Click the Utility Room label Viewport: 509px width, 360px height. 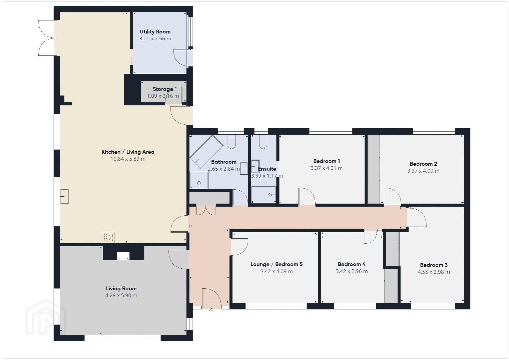(155, 32)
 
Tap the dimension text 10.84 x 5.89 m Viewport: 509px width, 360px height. (128, 159)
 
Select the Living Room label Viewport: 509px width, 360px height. (121, 288)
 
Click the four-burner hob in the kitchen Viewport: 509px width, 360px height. (108, 238)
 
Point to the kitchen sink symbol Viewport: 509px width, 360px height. (64, 196)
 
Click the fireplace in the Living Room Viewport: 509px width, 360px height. (123, 256)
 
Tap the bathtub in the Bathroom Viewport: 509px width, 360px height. (206, 152)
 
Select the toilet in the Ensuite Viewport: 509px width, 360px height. (263, 142)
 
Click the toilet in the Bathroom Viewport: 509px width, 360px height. (231, 142)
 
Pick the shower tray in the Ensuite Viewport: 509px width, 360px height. (264, 194)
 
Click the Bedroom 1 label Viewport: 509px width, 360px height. (327, 161)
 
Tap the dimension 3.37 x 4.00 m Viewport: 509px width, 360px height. (423, 171)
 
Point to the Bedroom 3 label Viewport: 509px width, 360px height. (434, 265)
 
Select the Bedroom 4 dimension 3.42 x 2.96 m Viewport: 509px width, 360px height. (352, 271)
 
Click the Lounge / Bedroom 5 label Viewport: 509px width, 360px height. (277, 264)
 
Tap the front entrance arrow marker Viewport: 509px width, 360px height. (212, 310)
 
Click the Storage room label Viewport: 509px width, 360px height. (163, 89)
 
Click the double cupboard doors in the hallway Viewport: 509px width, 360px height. (206, 210)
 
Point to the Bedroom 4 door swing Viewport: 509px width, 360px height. (370, 237)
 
